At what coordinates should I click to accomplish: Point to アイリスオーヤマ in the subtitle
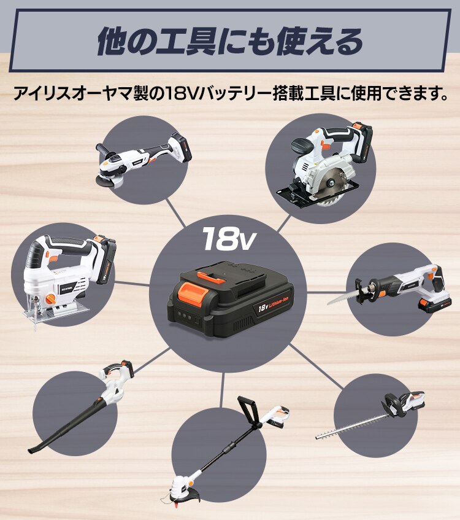pos(80,95)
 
